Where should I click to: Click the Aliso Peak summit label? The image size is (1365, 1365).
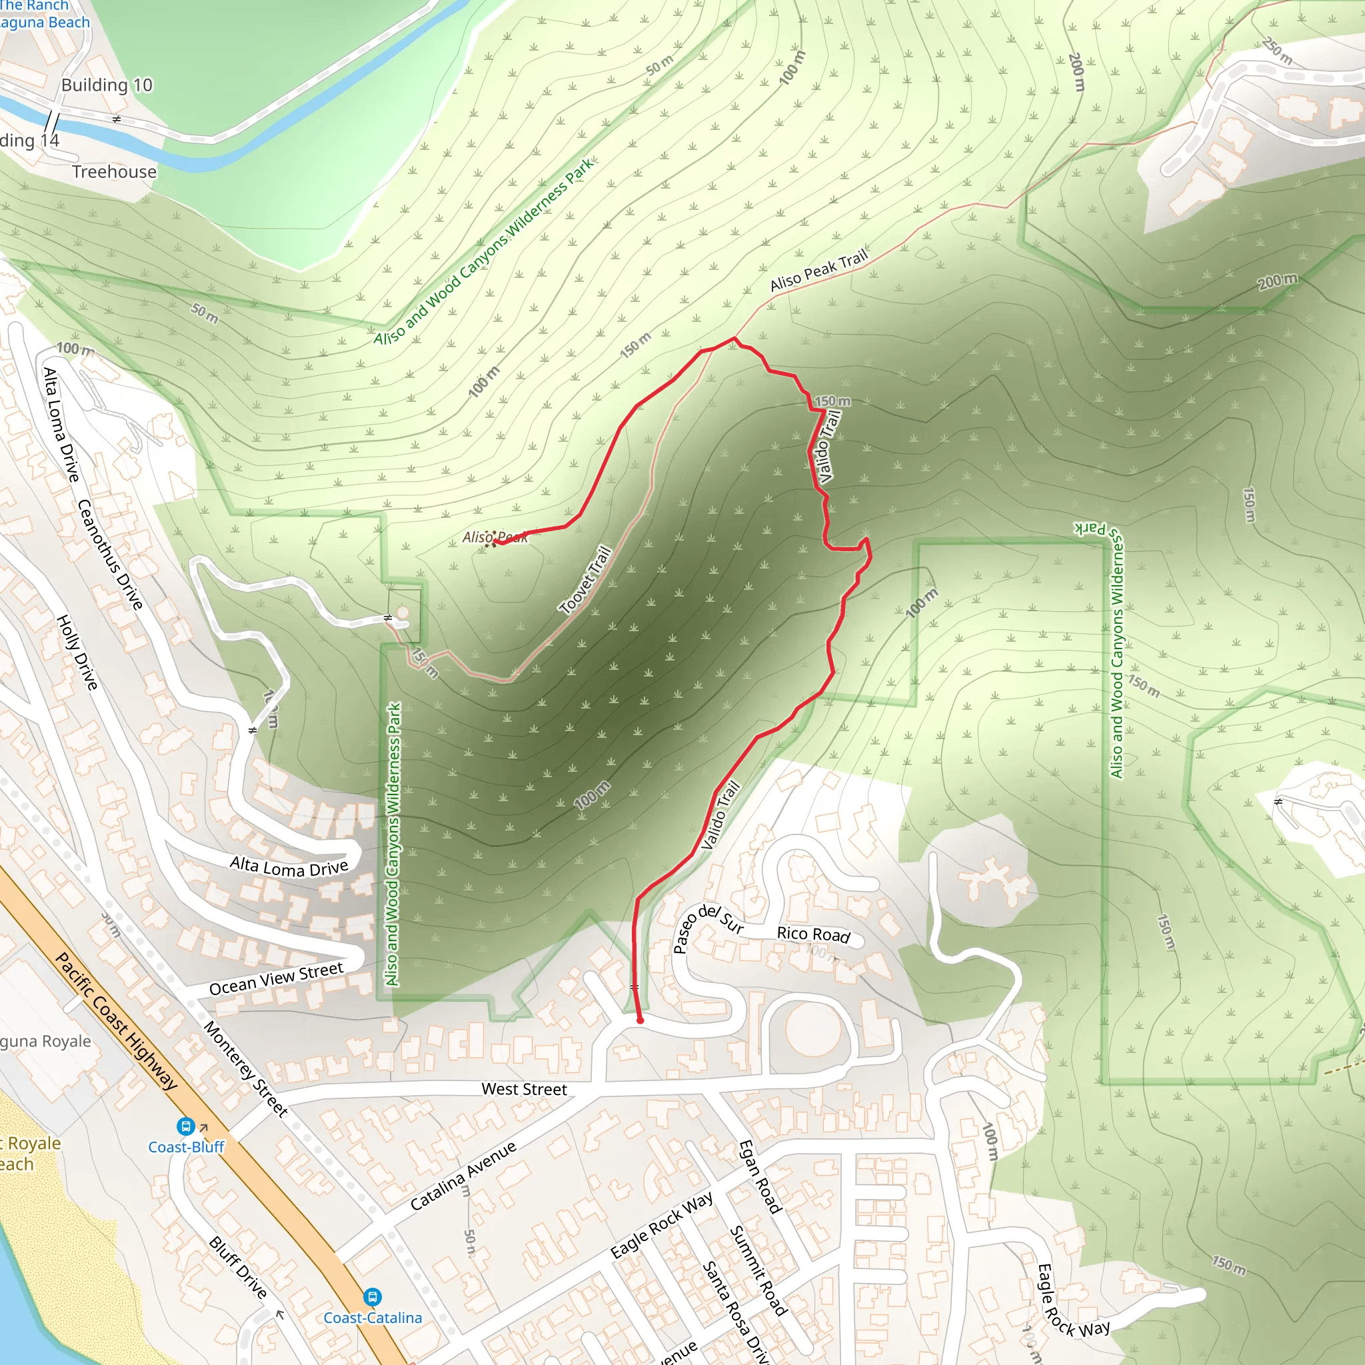495,538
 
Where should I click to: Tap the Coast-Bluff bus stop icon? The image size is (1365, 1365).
185,1126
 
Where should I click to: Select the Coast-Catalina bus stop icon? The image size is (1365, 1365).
373,1296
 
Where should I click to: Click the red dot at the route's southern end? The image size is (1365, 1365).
640,1020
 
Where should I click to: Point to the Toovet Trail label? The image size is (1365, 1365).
585,580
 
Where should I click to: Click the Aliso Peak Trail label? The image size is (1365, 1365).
818,271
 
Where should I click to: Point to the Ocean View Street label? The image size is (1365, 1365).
276,978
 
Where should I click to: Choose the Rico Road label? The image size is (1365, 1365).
813,934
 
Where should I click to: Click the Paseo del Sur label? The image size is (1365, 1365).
707,926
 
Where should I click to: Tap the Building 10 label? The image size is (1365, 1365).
107,85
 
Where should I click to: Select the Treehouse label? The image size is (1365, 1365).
115,172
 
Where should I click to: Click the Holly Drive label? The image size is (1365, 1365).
77,652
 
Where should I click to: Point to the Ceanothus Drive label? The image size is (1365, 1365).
110,554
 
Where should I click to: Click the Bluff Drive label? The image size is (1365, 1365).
238,1268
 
